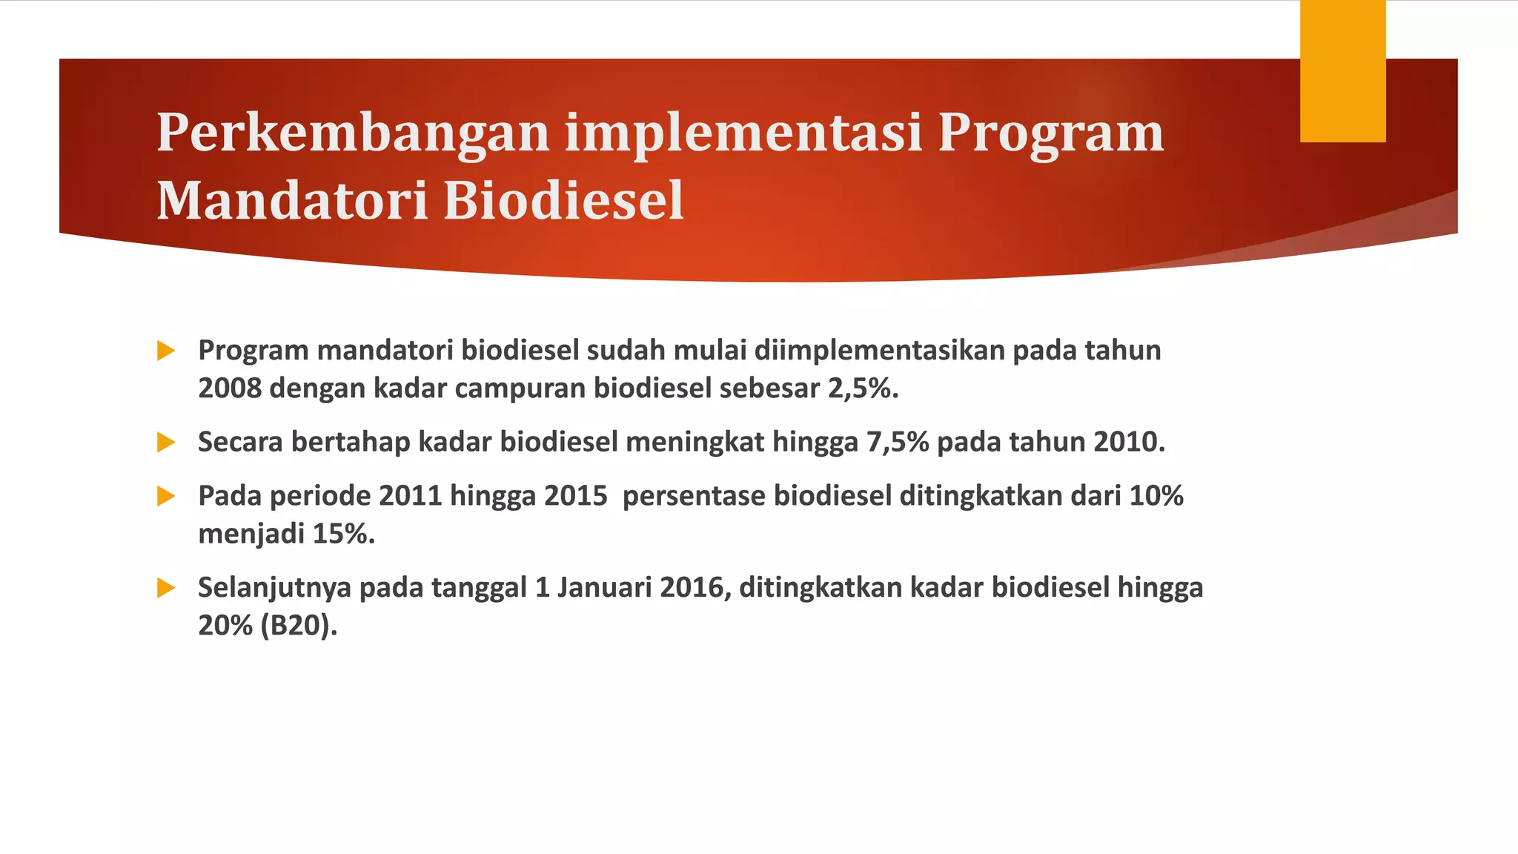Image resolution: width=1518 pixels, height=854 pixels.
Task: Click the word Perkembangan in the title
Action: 353,133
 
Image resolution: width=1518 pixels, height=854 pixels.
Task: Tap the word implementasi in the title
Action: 743,133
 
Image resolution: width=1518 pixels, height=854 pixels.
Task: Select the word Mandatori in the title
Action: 292,201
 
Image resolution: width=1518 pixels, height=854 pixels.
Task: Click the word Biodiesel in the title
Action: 563,201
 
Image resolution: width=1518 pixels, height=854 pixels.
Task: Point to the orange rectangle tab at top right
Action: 1342,71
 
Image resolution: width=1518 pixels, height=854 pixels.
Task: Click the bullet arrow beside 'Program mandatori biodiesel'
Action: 166,351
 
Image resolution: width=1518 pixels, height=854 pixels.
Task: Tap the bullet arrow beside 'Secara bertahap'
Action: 166,443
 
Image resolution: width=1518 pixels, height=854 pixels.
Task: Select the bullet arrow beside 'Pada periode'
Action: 166,496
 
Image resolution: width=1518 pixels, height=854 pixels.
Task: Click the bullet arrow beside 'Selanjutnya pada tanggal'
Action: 166,589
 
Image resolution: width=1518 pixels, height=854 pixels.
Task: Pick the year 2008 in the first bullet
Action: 229,388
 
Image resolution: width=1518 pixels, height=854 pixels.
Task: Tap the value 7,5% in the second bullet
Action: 898,443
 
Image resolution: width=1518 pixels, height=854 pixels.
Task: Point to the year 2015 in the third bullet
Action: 575,496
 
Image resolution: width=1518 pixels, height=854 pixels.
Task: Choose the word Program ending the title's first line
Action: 1051,133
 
